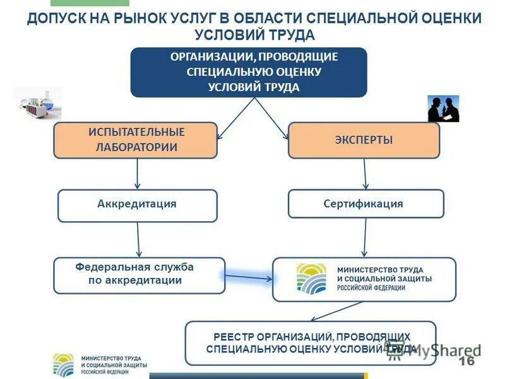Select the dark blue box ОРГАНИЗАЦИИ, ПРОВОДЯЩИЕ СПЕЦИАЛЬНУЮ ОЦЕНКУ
coord(249,72)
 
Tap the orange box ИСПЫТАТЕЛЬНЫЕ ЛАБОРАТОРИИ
coord(136,140)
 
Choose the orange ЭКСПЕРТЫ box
coord(364,140)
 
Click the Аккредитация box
coord(137,205)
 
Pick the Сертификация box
coord(365,204)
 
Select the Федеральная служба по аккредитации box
coord(139,275)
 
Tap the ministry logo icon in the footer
coord(63,364)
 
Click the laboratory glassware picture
coord(38,102)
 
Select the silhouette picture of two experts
coord(443,109)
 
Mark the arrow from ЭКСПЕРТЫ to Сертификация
coord(365,174)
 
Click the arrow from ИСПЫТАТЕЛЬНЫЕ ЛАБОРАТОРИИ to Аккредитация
coord(138,174)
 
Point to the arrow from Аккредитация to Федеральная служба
coord(138,239)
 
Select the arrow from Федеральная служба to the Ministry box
coord(248,277)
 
